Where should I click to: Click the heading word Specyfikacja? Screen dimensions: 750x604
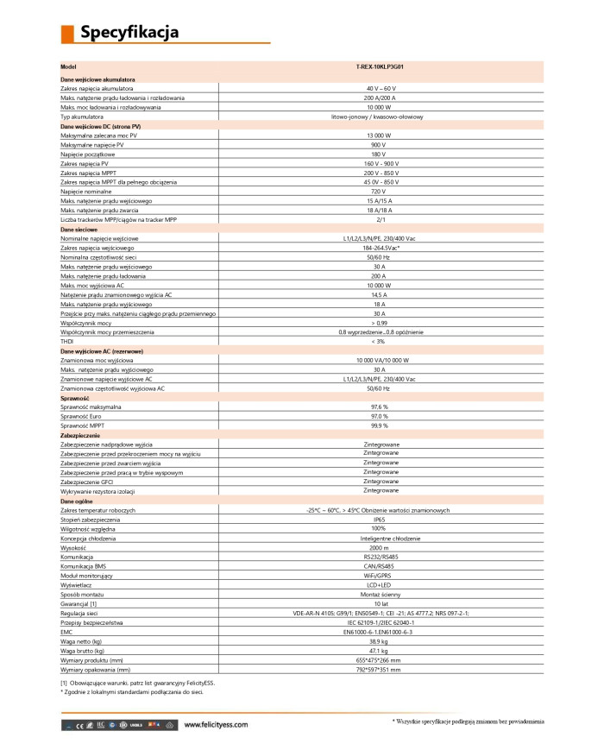129,33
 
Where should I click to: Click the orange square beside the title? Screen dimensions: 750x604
66,34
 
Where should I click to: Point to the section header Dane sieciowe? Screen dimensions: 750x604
79,230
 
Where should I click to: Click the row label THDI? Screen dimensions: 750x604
67,341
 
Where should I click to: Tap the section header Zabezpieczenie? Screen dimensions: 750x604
82,435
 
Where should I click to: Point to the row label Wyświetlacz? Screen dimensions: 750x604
79,584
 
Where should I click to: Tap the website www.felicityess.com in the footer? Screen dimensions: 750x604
216,725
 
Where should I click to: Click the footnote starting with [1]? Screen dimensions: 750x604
137,682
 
